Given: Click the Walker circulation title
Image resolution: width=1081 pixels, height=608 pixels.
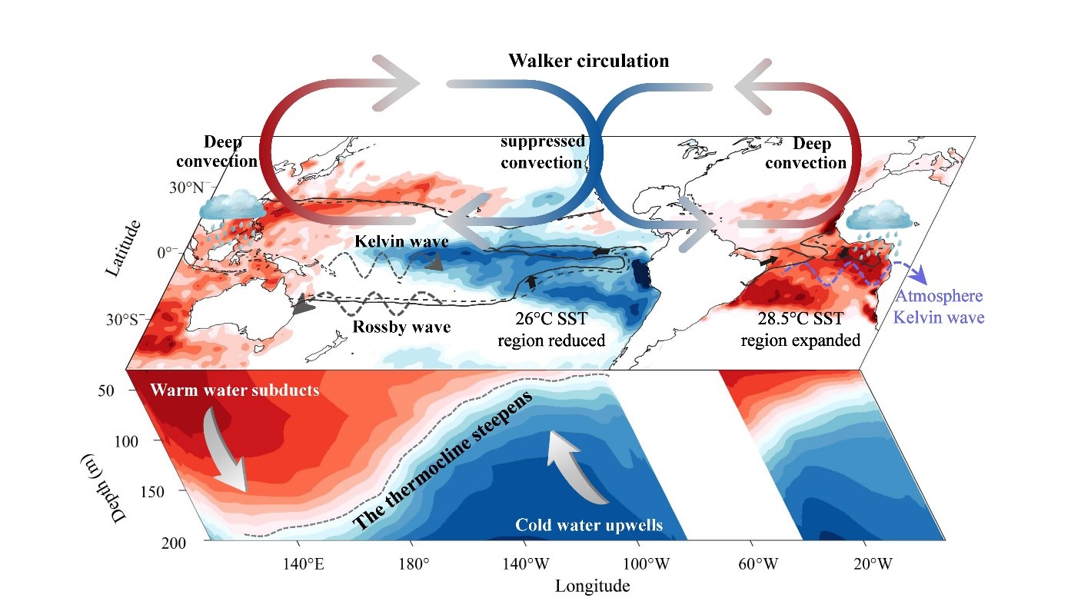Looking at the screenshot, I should tap(588, 61).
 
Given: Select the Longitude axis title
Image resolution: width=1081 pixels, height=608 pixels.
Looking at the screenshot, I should tap(592, 586).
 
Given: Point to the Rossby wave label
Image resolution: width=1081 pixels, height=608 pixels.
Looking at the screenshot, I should tap(401, 327).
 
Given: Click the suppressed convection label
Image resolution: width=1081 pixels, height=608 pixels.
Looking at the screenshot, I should tap(542, 151).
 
